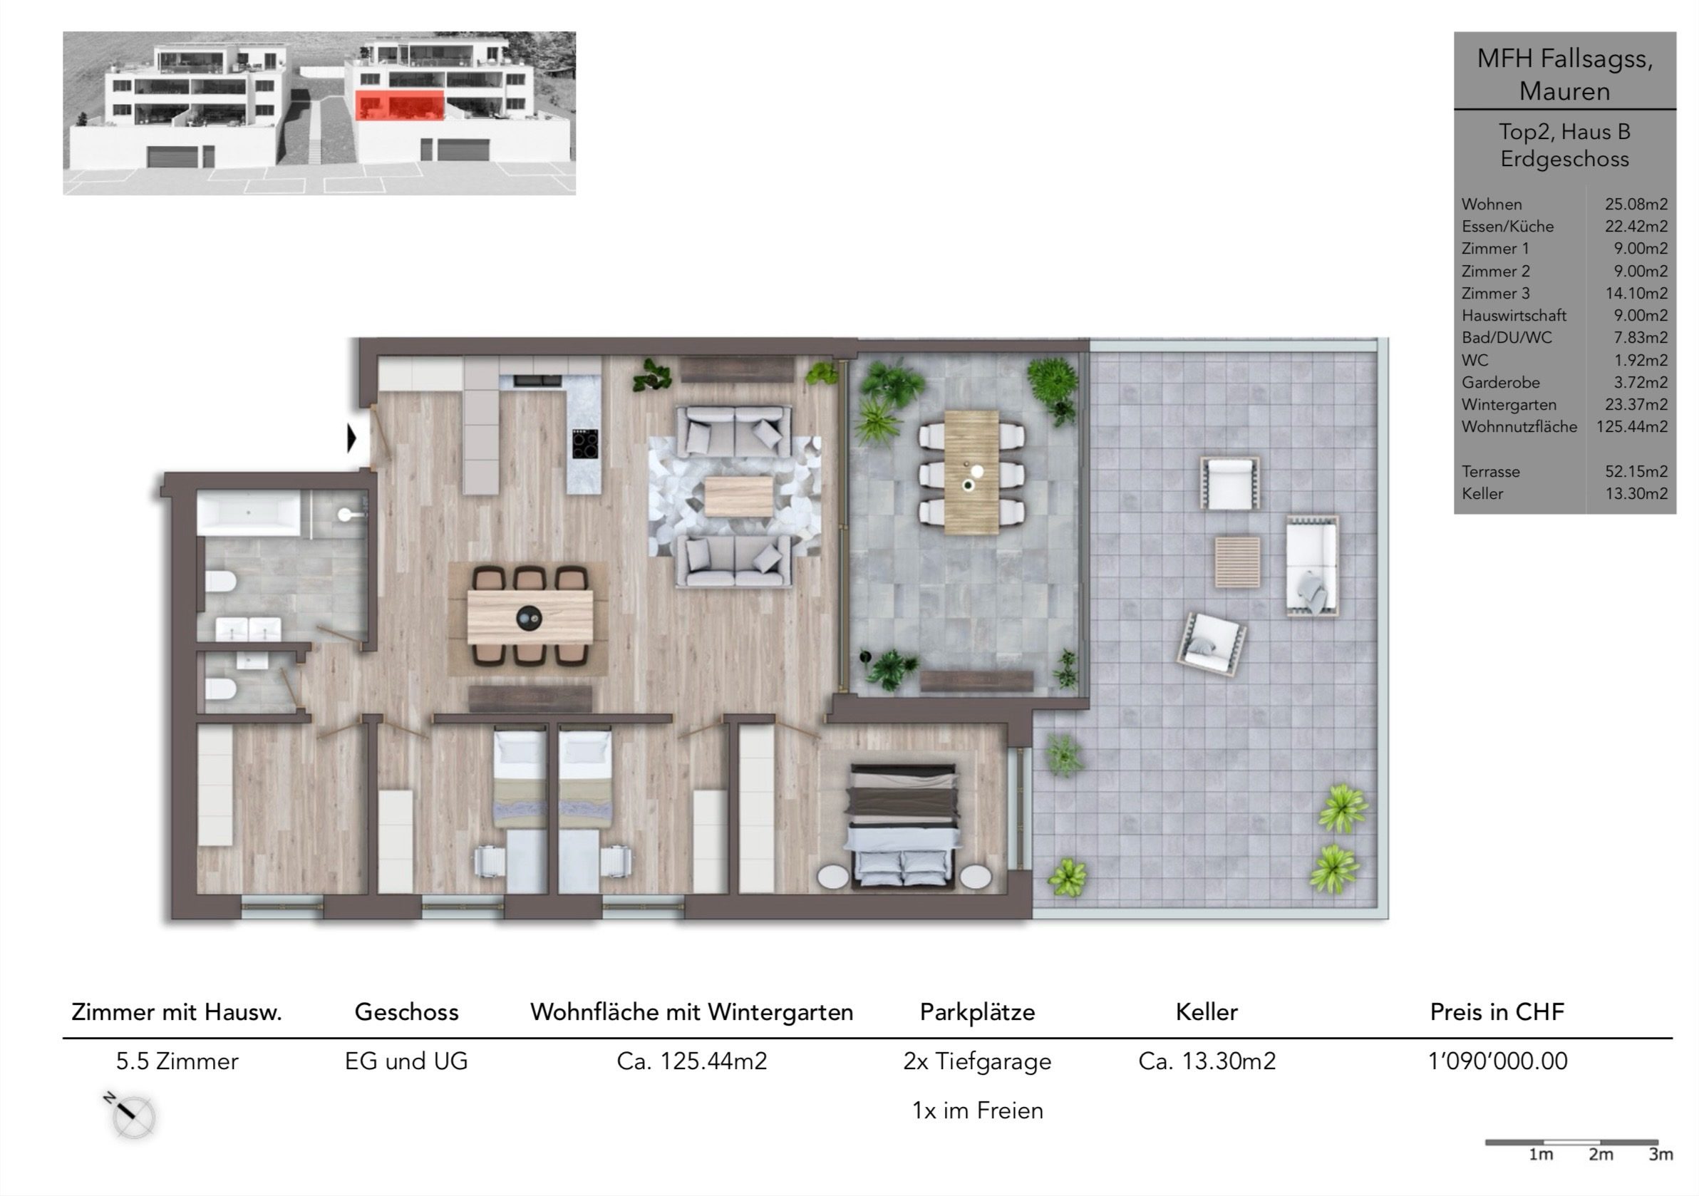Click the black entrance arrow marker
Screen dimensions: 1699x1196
352,438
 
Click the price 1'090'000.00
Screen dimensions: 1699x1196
1498,1061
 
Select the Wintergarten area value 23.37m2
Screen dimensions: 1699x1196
1636,405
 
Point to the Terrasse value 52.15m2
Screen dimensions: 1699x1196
1636,471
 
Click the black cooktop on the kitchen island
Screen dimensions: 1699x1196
585,444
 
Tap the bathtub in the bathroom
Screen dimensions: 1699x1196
248,513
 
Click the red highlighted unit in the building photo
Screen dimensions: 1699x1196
400,105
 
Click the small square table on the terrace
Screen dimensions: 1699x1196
1237,562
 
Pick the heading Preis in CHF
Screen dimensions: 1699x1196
1497,1011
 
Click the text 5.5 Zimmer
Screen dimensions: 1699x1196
177,1061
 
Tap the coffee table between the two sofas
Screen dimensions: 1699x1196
738,496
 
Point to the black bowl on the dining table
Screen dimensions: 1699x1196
529,617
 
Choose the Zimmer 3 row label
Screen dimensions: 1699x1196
1495,293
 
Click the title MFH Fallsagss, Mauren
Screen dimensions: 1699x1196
1564,74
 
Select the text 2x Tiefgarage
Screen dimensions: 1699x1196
977,1062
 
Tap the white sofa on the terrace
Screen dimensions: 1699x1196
1312,566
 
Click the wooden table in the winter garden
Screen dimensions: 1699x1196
971,471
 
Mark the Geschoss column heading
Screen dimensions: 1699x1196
406,1011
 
